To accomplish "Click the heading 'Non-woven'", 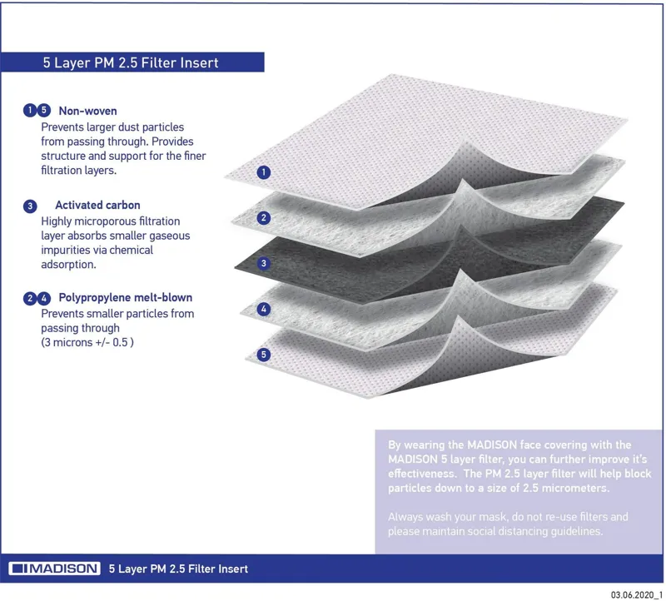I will point(87,110).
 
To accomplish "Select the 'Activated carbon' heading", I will point(97,205).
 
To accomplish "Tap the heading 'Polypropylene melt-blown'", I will point(125,297).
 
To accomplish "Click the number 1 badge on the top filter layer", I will point(263,173).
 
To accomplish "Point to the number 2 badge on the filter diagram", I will point(263,218).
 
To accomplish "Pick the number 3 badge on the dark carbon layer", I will point(263,263).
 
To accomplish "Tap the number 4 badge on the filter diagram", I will point(264,309).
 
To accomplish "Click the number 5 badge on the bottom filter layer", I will point(264,355).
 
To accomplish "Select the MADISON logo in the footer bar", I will point(56,569).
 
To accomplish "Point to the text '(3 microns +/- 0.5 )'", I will point(87,343).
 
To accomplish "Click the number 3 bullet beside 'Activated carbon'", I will point(30,206).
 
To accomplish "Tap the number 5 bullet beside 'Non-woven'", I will point(44,110).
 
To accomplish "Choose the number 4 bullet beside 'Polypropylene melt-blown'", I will point(44,298).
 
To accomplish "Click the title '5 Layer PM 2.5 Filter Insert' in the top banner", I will point(131,62).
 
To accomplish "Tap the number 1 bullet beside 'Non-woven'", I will point(30,110).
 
